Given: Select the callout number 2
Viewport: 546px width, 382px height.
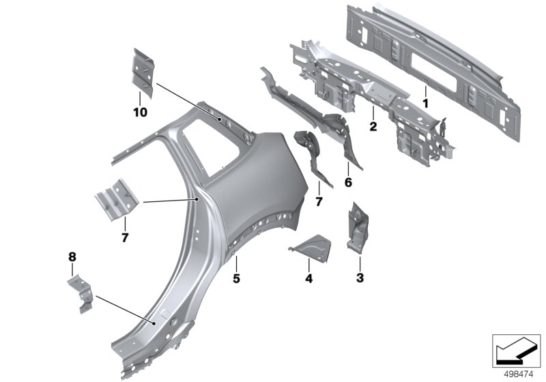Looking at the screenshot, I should click(373, 126).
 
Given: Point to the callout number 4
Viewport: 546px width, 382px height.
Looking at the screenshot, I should click(308, 278).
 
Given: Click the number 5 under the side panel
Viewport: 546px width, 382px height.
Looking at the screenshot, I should click(236, 278).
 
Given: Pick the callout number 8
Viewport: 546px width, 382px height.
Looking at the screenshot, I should click(72, 256).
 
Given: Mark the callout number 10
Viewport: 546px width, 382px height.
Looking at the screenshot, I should click(140, 111).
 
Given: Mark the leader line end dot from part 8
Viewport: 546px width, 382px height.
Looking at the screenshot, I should click(152, 321).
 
